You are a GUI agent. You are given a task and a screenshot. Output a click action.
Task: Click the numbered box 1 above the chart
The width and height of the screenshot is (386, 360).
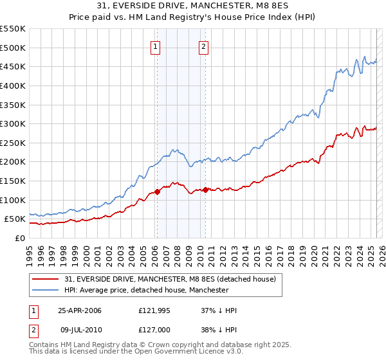pos(156,46)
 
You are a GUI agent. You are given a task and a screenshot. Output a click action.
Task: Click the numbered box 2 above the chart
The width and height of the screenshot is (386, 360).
pos(203,46)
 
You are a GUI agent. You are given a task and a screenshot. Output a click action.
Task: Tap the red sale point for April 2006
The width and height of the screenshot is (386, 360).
pos(157,192)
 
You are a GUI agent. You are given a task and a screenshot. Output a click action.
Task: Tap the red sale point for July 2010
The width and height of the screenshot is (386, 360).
pos(205,190)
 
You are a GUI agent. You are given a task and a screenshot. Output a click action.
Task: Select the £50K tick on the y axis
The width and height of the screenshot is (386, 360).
pos(15,219)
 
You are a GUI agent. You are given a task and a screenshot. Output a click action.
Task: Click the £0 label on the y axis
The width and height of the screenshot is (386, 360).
pos(20,239)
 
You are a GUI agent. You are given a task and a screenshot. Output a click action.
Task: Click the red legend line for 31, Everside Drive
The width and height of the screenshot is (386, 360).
pos(46,279)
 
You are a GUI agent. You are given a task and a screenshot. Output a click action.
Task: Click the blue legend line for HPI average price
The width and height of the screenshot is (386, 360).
pos(46,291)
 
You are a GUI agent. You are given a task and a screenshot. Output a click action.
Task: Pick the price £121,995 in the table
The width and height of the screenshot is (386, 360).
pos(152,310)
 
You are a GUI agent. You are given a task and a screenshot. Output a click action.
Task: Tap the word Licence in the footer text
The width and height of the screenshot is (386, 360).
pos(185,353)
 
